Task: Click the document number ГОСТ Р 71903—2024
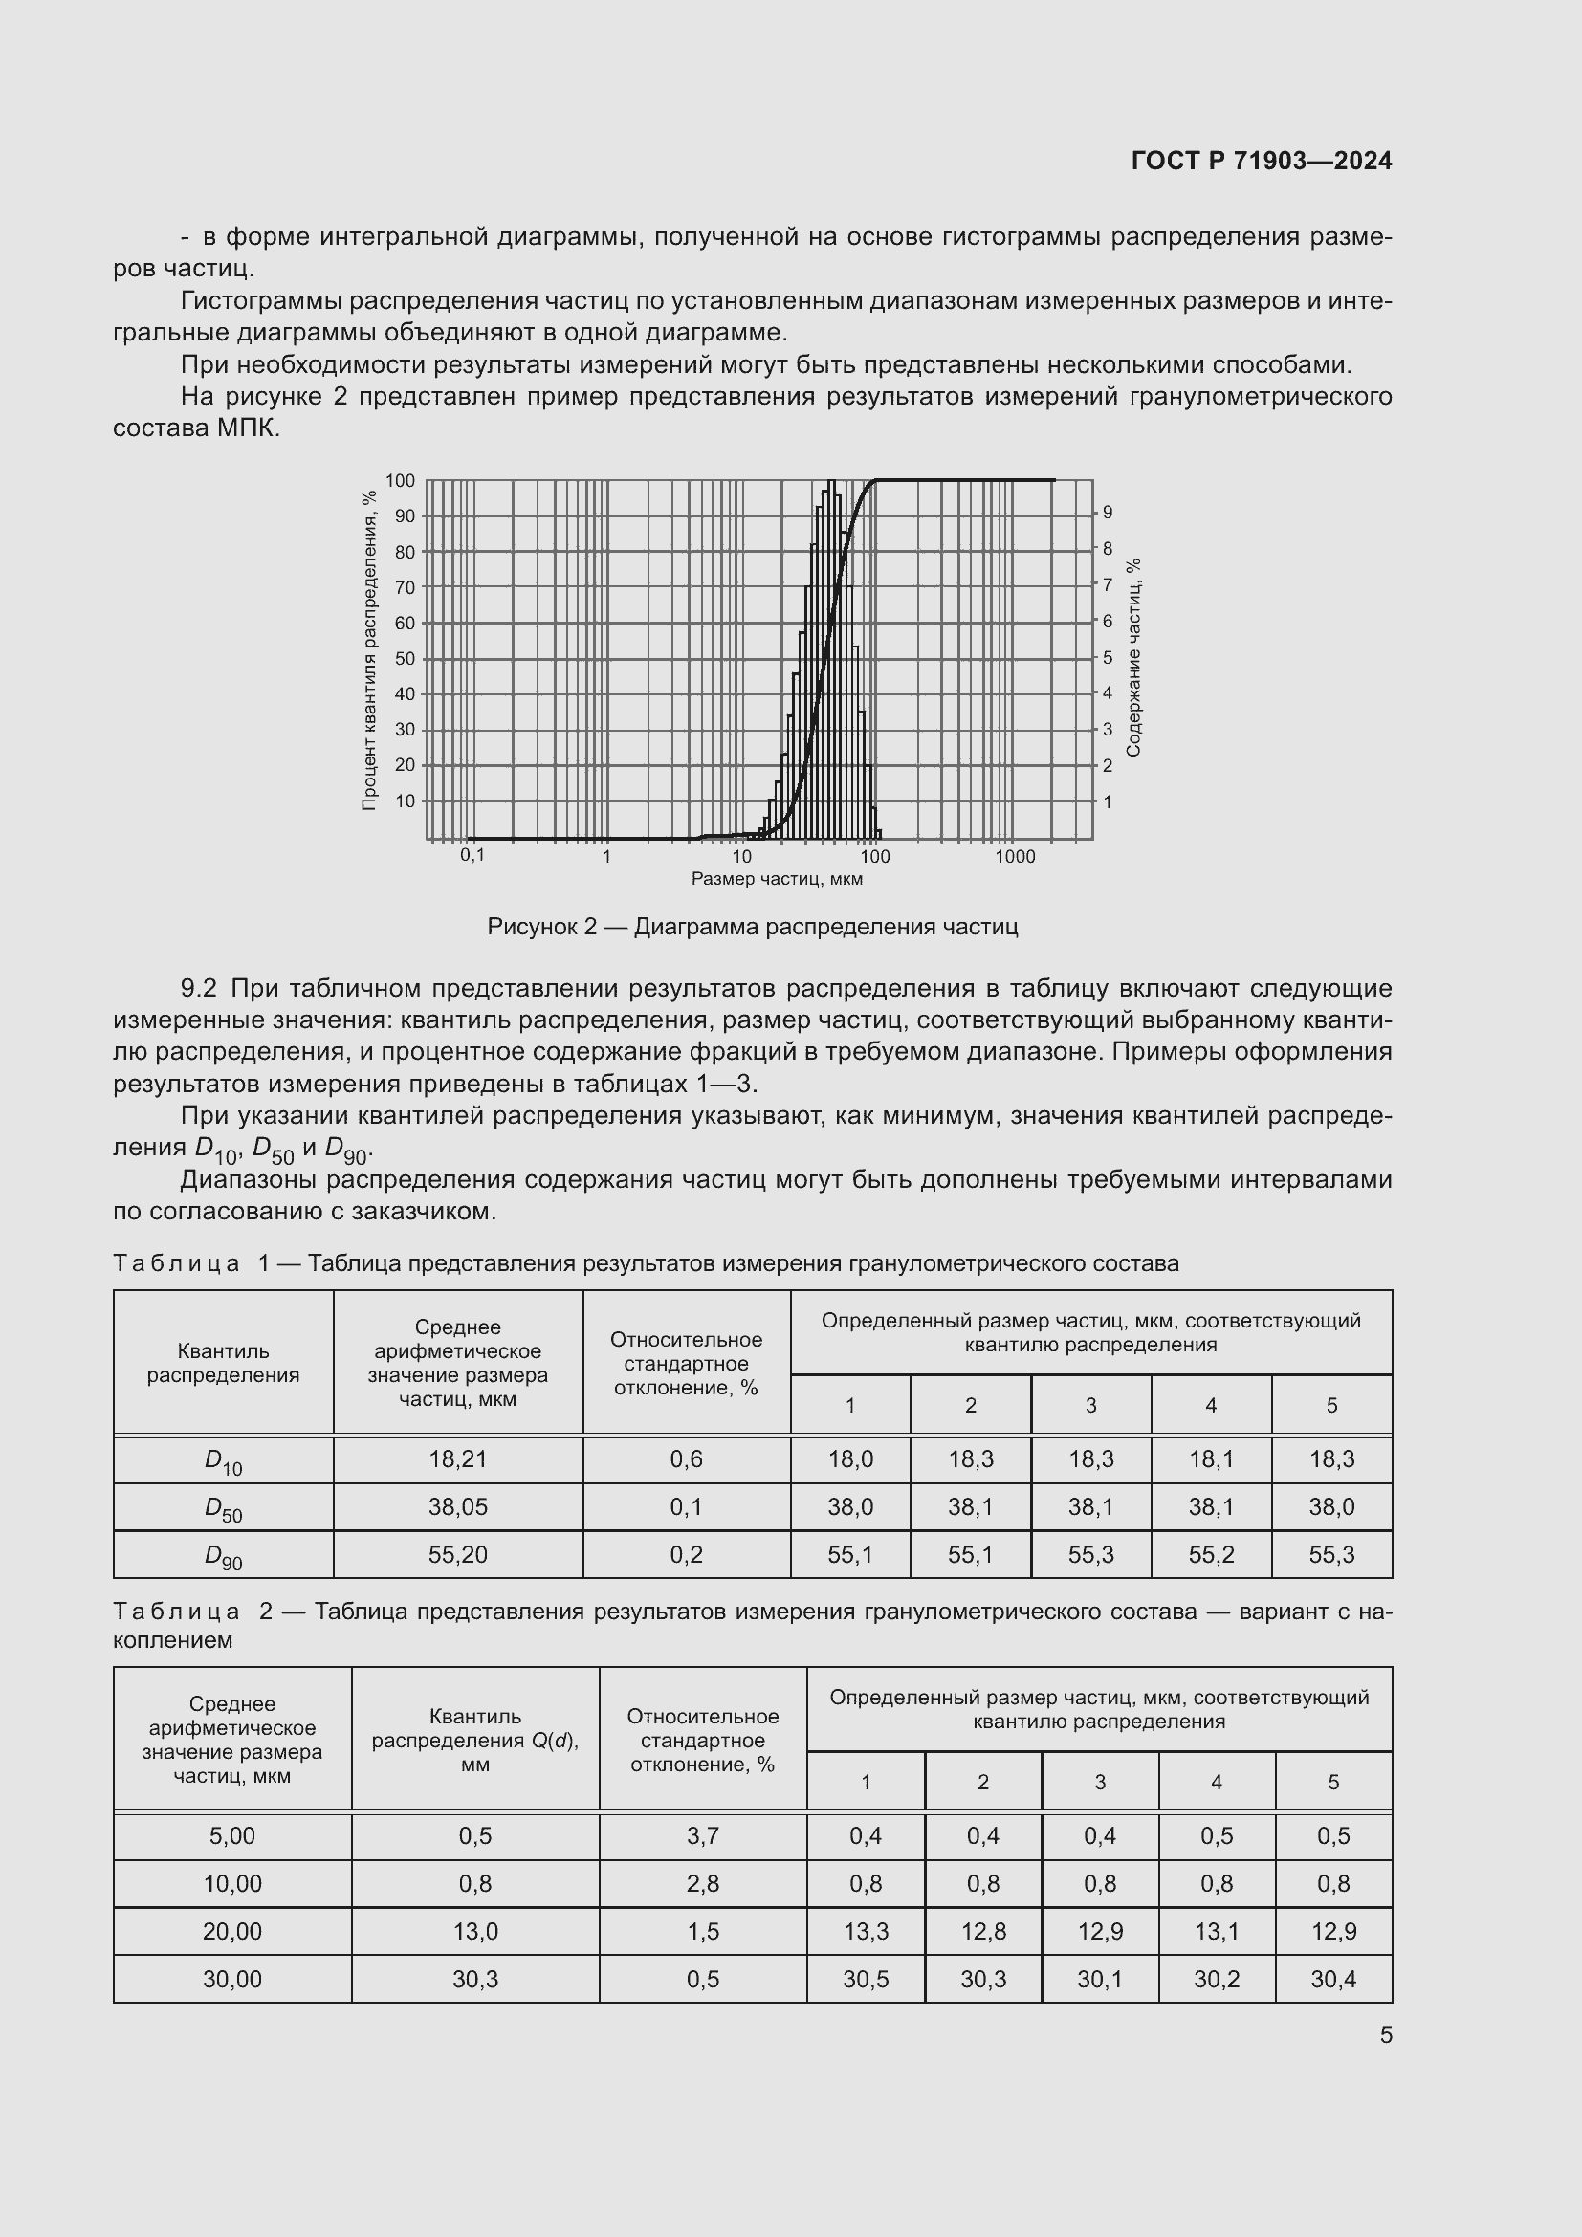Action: tap(1262, 161)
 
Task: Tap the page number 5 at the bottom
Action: tap(1385, 2035)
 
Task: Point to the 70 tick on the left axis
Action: tap(405, 587)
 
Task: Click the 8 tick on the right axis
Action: tap(1108, 549)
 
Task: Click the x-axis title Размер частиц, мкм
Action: tap(777, 879)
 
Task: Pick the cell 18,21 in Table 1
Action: tap(458, 1458)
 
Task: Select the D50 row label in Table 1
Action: tap(223, 1508)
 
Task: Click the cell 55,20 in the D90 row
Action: tap(458, 1554)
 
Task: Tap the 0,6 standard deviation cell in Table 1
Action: tap(686, 1458)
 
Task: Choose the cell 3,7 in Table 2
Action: tap(702, 1835)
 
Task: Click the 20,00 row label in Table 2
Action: tap(231, 1931)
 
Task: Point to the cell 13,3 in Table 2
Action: tap(865, 1931)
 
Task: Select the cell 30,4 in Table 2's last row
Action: tap(1332, 1979)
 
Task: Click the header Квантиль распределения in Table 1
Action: tap(223, 1362)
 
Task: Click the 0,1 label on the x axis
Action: tap(472, 854)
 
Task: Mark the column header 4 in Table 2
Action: tap(1216, 1782)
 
